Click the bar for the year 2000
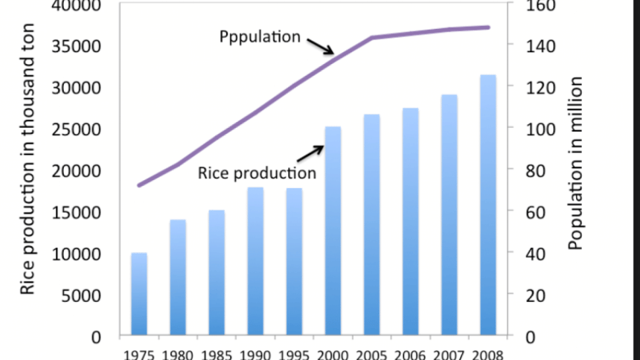point(333,231)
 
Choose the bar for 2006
point(411,222)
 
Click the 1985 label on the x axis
point(217,353)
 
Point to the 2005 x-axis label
point(372,353)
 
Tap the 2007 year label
point(449,353)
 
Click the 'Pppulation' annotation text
point(260,36)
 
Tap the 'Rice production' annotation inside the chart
point(257,173)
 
